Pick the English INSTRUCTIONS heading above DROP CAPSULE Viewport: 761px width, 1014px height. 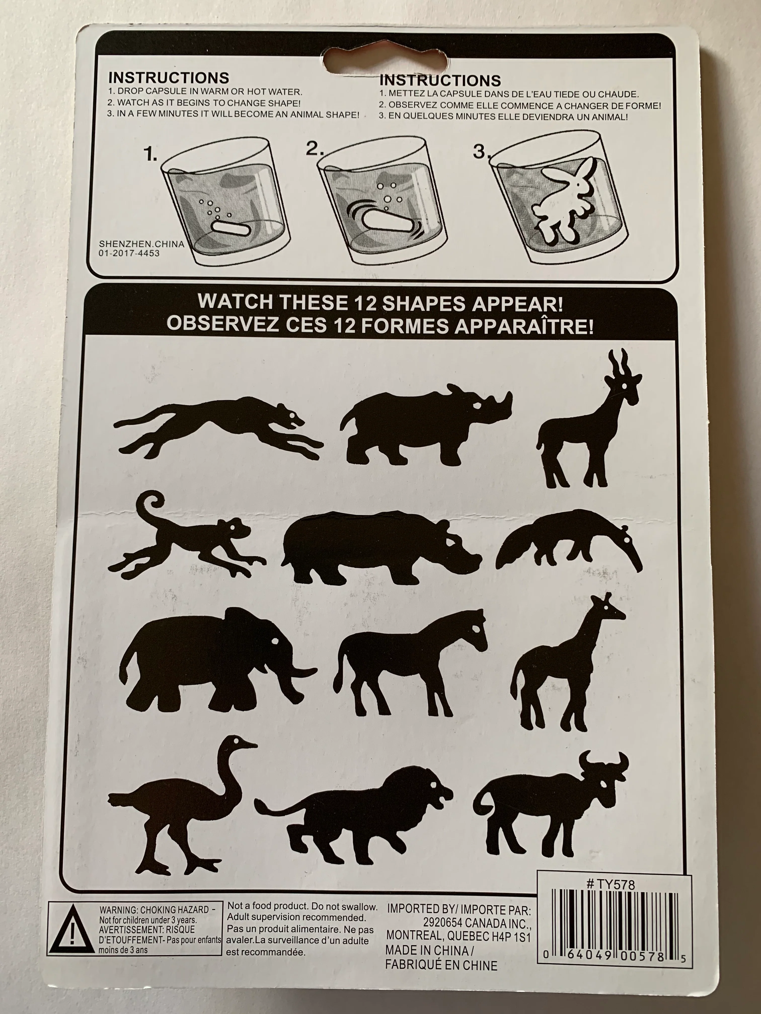168,77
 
